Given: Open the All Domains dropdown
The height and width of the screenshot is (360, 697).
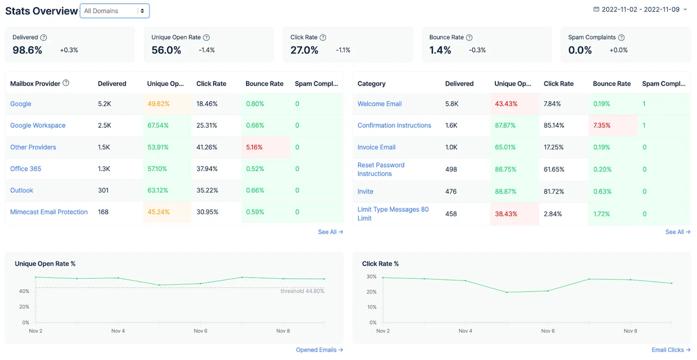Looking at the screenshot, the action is tap(114, 11).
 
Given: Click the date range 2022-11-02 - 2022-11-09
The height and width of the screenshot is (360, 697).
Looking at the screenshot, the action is tap(640, 9).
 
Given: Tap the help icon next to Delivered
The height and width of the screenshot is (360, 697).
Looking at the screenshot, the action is tap(44, 37).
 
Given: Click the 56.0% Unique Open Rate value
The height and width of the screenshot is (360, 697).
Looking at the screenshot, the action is tap(166, 50).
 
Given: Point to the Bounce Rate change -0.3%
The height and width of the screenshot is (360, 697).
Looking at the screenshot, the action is tap(477, 50).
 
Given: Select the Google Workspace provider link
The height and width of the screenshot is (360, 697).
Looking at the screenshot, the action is tap(38, 125).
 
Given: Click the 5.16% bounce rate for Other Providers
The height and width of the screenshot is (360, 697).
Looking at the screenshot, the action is tap(254, 147).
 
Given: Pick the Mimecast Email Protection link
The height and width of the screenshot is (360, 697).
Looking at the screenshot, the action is tap(49, 212).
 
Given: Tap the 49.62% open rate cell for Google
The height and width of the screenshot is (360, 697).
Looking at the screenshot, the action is tap(158, 104).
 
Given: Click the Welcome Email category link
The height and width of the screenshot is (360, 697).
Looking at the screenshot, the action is tap(379, 104).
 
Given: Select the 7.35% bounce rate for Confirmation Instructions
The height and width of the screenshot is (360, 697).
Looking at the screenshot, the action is tap(601, 125).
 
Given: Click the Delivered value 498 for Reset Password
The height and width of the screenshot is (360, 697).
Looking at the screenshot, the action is tap(451, 169).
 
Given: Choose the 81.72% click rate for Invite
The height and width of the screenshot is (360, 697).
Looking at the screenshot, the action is tap(553, 191).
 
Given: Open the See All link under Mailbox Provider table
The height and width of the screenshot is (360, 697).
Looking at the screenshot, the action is tap(330, 232).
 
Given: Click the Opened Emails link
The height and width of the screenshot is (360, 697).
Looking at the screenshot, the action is tap(319, 350).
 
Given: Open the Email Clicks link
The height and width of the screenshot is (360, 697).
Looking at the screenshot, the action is tap(671, 350).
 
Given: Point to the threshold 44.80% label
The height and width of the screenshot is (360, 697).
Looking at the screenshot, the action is tap(302, 291).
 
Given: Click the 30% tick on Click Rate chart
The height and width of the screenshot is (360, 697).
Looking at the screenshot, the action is tap(371, 276).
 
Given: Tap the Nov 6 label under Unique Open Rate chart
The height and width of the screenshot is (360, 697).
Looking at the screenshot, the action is tap(200, 331).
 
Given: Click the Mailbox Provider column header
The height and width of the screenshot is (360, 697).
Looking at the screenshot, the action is tap(35, 84).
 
